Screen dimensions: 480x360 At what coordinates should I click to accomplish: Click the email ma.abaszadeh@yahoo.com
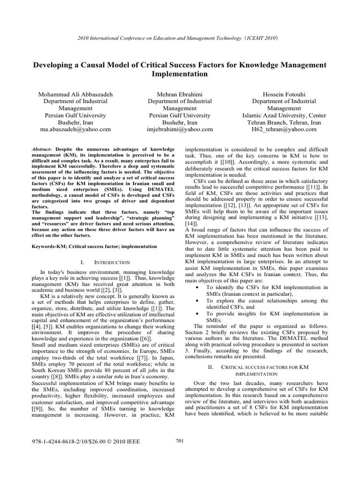click(75, 129)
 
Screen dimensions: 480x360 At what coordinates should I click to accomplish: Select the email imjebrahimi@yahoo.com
click(180, 129)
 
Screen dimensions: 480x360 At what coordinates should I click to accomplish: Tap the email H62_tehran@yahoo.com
click(285, 129)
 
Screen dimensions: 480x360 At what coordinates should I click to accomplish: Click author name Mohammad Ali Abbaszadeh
click(75, 94)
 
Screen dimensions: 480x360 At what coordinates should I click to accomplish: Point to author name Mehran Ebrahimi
click(180, 94)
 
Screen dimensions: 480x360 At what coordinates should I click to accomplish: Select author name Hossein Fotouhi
click(285, 94)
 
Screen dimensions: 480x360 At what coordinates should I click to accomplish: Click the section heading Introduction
click(104, 262)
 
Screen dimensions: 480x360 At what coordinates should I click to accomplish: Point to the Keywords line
click(91, 246)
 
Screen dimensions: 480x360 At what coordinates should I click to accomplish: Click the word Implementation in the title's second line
click(180, 74)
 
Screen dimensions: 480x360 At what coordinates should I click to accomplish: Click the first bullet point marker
click(195, 287)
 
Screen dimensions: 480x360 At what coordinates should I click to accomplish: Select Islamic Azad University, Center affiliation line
click(285, 115)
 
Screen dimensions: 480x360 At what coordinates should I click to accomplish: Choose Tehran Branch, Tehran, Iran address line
click(285, 122)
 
